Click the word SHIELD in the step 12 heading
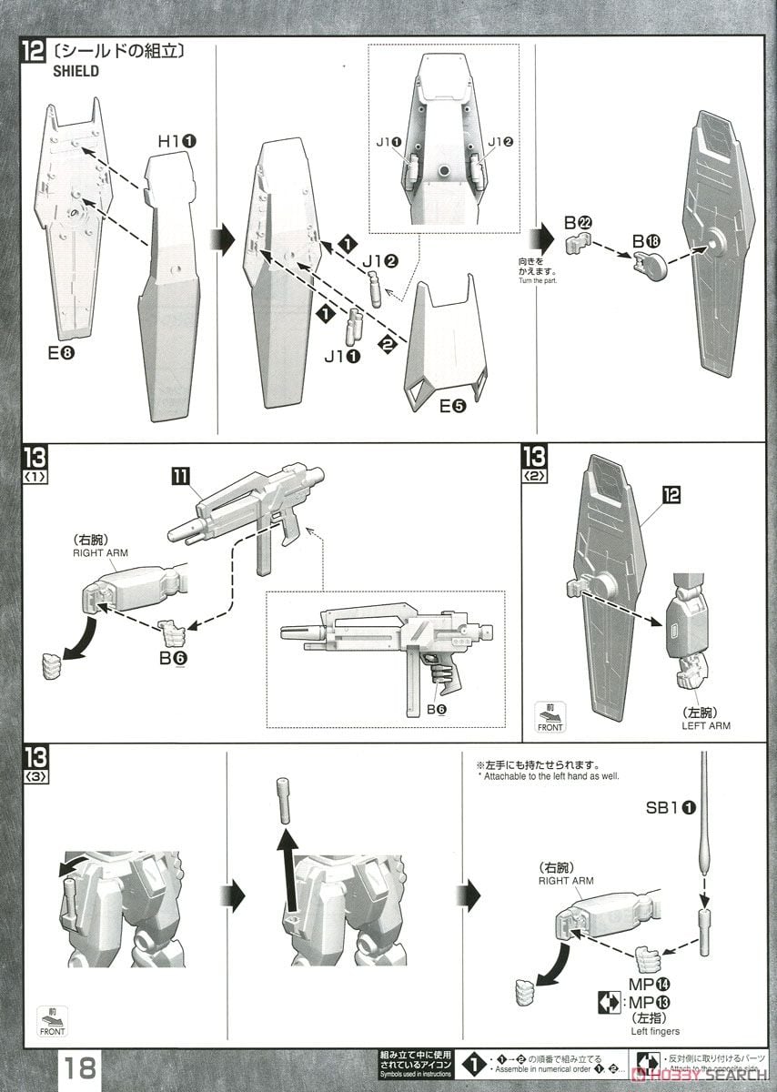[76, 72]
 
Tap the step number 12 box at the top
[33, 52]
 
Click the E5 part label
[452, 407]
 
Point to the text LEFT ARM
[706, 725]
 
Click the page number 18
[80, 1067]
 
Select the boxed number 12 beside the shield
[671, 494]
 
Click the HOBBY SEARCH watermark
[704, 1075]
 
